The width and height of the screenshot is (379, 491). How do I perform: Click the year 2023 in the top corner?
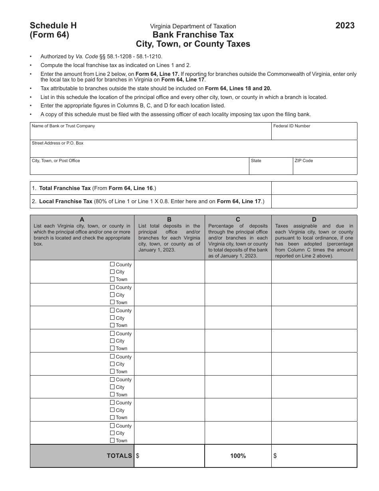pyautogui.click(x=345, y=26)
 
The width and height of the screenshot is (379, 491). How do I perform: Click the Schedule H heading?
pyautogui.click(x=53, y=26)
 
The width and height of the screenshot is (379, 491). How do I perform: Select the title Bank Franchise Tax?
pyautogui.click(x=193, y=35)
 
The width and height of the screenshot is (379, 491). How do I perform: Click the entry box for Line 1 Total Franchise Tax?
pyautogui.click(x=314, y=188)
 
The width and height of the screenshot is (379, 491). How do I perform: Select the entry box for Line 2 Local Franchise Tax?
pyautogui.click(x=314, y=202)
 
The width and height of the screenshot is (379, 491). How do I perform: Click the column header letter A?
pyautogui.click(x=82, y=219)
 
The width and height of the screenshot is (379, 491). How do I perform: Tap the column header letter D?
pyautogui.click(x=314, y=219)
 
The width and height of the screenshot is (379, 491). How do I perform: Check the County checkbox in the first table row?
pyautogui.click(x=113, y=264)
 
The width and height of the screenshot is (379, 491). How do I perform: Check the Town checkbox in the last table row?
pyautogui.click(x=113, y=440)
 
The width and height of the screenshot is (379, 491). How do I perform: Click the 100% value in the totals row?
pyautogui.click(x=238, y=456)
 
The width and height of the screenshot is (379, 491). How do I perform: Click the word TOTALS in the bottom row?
pyautogui.click(x=119, y=456)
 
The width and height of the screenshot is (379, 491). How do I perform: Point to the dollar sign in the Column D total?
pyautogui.click(x=275, y=455)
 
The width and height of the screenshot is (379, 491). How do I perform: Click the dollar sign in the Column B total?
pyautogui.click(x=138, y=455)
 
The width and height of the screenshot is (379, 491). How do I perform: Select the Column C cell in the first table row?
pyautogui.click(x=238, y=272)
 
